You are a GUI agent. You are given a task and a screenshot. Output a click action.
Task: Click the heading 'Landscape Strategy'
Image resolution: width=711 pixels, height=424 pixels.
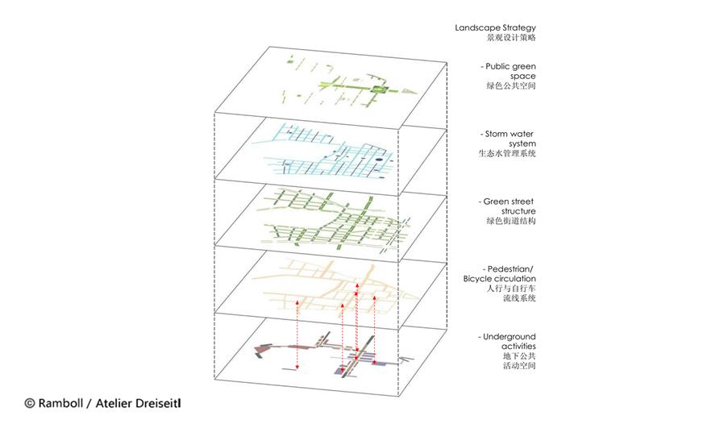coord(495,27)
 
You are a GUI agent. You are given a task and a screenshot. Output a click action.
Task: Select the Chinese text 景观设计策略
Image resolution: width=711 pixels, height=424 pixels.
coord(511,38)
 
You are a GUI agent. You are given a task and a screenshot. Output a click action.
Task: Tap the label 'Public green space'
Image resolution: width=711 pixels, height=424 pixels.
coord(509,71)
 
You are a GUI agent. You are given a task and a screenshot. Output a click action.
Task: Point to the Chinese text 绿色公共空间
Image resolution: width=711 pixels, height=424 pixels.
coord(511,85)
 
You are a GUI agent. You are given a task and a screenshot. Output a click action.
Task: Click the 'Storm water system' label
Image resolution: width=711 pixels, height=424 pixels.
coord(508,139)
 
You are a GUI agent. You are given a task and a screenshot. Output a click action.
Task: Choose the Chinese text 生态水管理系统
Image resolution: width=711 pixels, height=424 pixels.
coord(507,153)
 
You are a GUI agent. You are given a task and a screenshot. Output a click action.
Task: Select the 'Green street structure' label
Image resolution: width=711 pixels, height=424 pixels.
coord(507,206)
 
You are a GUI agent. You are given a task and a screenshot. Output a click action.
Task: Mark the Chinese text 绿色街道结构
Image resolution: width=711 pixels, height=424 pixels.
coord(511,221)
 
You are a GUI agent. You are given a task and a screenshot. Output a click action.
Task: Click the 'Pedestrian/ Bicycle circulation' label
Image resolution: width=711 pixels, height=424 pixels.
coord(499,274)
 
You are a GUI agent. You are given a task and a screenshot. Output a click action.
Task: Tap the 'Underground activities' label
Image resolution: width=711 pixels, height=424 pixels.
coord(506,342)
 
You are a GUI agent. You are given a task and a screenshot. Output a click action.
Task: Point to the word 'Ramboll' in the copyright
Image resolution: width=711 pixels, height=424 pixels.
coord(60,403)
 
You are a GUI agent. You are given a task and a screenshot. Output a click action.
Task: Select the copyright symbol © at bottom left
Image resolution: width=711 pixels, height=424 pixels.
coord(30,403)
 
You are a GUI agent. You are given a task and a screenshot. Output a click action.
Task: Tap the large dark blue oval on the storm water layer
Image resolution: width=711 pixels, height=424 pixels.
coord(378,160)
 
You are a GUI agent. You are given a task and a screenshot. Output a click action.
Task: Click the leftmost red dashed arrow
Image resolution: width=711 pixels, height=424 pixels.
coord(297,335)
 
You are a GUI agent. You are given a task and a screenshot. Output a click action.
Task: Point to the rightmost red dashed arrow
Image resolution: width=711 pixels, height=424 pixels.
coord(375,330)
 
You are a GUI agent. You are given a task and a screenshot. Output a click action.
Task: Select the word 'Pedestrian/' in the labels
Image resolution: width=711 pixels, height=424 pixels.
coord(510,269)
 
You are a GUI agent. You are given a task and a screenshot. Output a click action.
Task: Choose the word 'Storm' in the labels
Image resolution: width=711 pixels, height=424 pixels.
coord(496,134)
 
